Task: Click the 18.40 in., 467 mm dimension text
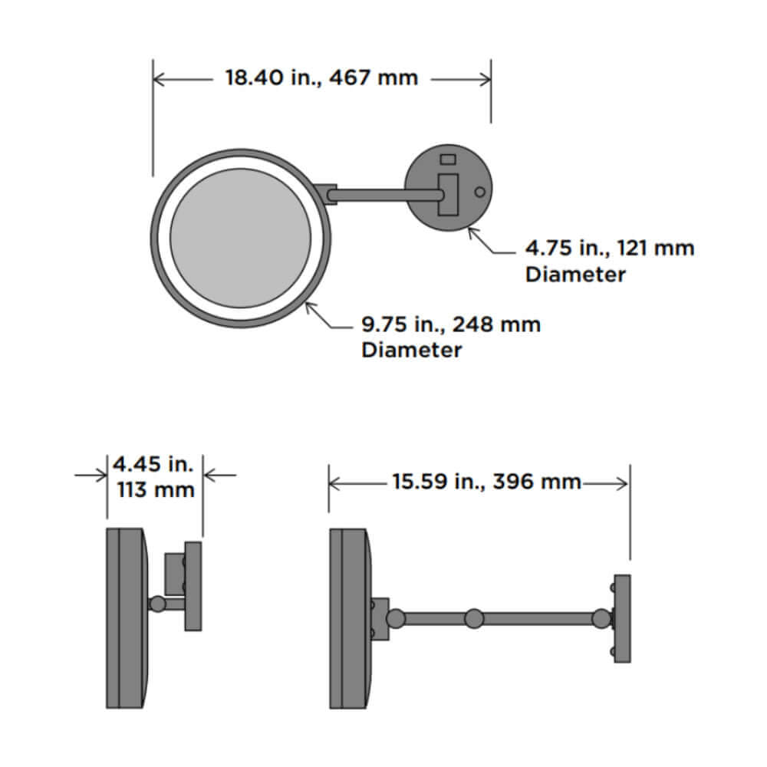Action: click(x=321, y=77)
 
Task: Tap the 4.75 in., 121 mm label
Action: click(x=610, y=248)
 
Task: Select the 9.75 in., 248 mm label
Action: click(x=450, y=324)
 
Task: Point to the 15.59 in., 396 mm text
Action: click(x=487, y=482)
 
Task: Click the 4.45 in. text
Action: click(x=153, y=464)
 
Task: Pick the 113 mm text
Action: click(x=156, y=489)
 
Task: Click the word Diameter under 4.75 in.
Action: click(x=575, y=275)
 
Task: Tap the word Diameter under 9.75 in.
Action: click(x=411, y=351)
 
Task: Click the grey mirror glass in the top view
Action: click(x=241, y=239)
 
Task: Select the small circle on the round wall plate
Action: click(x=480, y=192)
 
